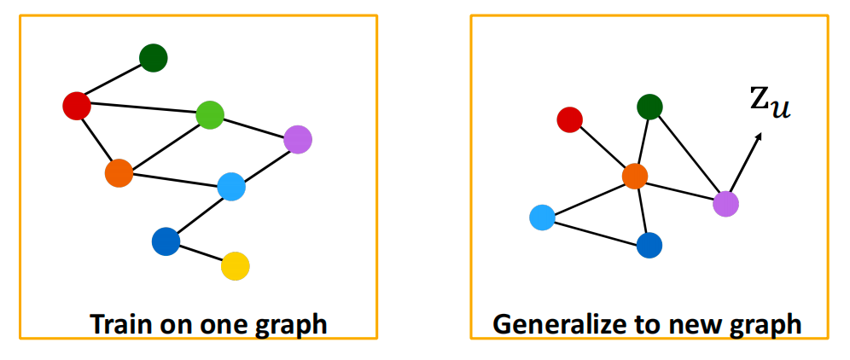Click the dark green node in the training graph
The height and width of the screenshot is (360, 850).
[x=154, y=58]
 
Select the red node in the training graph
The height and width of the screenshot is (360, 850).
[x=77, y=106]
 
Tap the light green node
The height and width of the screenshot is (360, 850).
[x=209, y=114]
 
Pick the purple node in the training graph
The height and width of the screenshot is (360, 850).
[x=297, y=138]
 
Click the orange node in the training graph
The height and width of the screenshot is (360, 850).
[x=119, y=173]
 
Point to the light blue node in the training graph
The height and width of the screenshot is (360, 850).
[x=231, y=186]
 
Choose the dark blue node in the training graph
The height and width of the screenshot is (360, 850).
[x=166, y=241]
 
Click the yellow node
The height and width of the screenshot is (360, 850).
[x=235, y=266]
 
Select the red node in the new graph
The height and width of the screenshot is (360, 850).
[x=569, y=120]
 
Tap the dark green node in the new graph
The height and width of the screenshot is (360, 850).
[x=649, y=107]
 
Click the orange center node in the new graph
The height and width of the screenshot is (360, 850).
[x=634, y=176]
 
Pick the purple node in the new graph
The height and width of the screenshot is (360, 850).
[x=725, y=203]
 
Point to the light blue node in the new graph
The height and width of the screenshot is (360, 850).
[x=542, y=218]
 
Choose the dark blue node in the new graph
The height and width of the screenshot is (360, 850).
[x=649, y=245]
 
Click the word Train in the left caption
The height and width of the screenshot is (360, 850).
[x=119, y=324]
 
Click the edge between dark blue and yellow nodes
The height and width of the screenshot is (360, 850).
[x=200, y=254]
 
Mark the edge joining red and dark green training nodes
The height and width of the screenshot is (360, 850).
[x=115, y=82]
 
